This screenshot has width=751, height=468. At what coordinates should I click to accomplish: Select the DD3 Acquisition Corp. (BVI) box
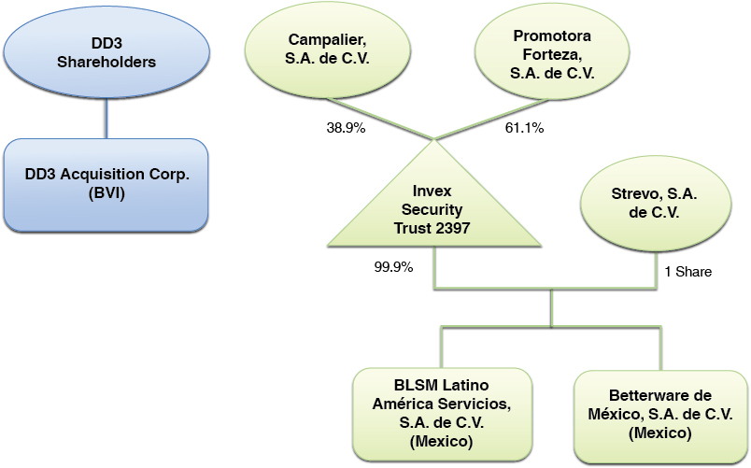pyautogui.click(x=105, y=186)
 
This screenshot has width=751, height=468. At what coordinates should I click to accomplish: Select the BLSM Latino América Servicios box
pyautogui.click(x=443, y=413)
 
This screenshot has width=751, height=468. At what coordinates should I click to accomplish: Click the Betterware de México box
pyautogui.click(x=660, y=414)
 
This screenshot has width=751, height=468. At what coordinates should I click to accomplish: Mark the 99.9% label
pyautogui.click(x=393, y=265)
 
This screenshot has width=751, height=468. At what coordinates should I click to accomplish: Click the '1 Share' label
pyautogui.click(x=688, y=272)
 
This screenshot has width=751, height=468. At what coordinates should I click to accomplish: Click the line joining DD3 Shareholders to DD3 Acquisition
pyautogui.click(x=106, y=116)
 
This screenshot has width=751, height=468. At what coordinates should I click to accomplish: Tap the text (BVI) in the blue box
pyautogui.click(x=105, y=194)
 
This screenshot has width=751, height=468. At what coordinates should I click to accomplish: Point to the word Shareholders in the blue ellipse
pyautogui.click(x=105, y=62)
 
